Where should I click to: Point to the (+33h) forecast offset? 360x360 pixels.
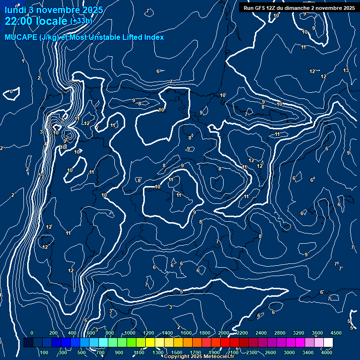pos(81,21)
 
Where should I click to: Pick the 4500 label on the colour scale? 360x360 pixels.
pos(336,333)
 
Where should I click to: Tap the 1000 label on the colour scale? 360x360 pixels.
pos(130,333)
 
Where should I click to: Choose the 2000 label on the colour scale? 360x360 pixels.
pos(224,333)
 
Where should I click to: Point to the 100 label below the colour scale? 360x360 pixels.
pos(45,352)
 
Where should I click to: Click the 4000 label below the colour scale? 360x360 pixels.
pos(327,352)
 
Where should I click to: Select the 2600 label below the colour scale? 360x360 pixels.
pos(270,352)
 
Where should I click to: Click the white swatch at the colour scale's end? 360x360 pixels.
pos(328,343)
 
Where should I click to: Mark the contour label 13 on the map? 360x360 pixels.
pos(346,71)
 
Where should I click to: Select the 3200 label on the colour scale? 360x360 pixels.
pos(299,333)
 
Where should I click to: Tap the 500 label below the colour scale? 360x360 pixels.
pos(82,352)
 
